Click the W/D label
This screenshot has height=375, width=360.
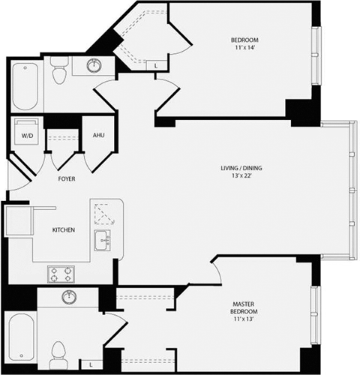coord(27,136)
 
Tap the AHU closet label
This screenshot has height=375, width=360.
coord(97,135)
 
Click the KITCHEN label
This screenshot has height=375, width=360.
coord(63,229)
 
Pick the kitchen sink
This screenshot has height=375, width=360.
coord(102,239)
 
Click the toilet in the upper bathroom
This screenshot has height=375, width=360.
coord(61,73)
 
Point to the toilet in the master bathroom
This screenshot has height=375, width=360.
coord(60,352)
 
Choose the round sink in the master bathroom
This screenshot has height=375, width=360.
coord(68,296)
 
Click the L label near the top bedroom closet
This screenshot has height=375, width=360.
coord(155,66)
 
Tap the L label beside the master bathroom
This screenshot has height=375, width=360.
coord(90,364)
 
